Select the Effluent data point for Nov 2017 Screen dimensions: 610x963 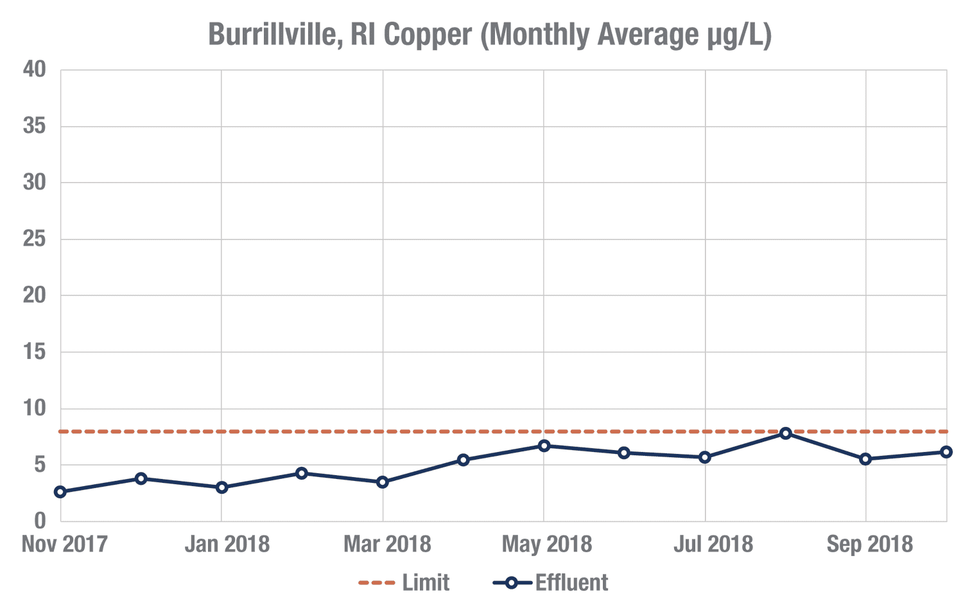pyautogui.click(x=60, y=492)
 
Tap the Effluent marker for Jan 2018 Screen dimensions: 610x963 pyautogui.click(x=221, y=487)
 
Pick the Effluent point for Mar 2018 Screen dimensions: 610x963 pyautogui.click(x=383, y=482)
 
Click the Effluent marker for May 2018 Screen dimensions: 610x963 pyautogui.click(x=544, y=446)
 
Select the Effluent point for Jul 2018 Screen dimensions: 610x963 pyautogui.click(x=705, y=457)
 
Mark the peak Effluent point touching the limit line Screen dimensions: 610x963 pyautogui.click(x=786, y=433)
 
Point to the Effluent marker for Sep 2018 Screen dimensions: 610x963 pyautogui.click(x=866, y=459)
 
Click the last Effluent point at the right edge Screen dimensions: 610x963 pyautogui.click(x=946, y=452)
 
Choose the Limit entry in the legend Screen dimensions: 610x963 pyautogui.click(x=426, y=582)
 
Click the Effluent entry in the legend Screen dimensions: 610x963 pyautogui.click(x=571, y=582)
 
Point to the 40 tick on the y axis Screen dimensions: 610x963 pyautogui.click(x=35, y=69)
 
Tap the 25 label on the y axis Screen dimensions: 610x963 pyautogui.click(x=35, y=239)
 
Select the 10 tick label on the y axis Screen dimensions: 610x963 pyautogui.click(x=35, y=408)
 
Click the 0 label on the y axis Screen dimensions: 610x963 pyautogui.click(x=40, y=521)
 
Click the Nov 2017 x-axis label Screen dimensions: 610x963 pyautogui.click(x=64, y=545)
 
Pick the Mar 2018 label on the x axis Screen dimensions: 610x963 pyautogui.click(x=387, y=545)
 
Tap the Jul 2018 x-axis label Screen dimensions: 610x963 pyautogui.click(x=713, y=545)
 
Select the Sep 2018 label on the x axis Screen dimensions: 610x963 pyautogui.click(x=869, y=545)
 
